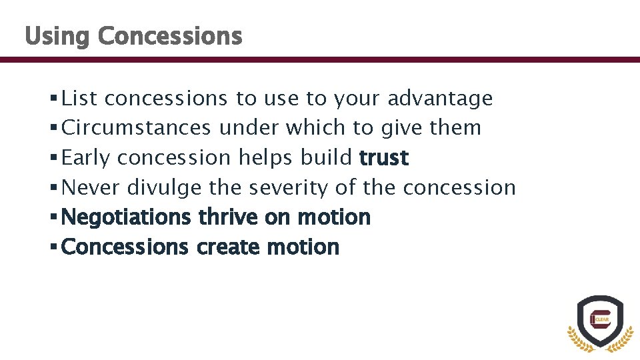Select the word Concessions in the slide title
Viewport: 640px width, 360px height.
169,35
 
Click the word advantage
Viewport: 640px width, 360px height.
440,99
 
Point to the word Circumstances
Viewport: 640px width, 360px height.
137,128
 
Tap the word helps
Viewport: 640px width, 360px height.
267,158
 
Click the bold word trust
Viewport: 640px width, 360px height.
383,158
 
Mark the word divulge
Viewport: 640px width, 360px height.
163,188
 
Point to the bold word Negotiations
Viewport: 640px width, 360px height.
126,217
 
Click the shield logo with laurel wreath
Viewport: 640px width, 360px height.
600,324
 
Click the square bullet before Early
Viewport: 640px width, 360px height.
53,159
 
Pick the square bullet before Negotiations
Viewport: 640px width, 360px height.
53,218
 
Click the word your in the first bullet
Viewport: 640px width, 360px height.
357,99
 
